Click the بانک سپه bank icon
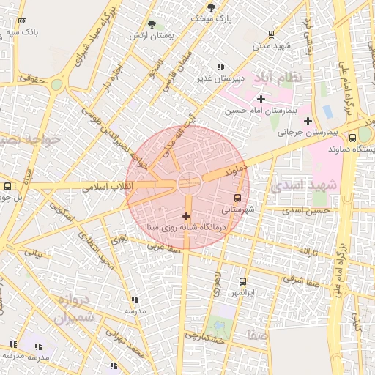click(22, 21)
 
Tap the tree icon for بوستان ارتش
click(152, 24)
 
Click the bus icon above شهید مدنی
click(271, 34)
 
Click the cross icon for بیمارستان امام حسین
click(261, 98)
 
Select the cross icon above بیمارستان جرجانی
click(308, 121)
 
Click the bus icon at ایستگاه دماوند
click(353, 137)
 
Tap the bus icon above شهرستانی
click(237, 198)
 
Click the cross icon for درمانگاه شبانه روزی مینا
click(186, 216)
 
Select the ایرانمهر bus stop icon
click(242, 281)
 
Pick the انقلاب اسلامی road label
click(107, 187)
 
